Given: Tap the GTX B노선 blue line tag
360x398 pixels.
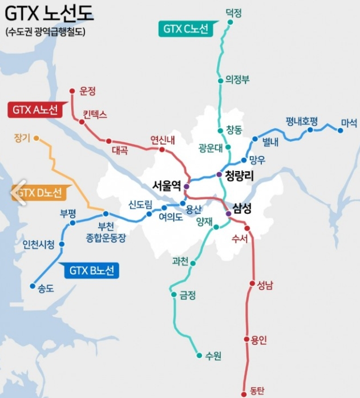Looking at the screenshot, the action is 91,270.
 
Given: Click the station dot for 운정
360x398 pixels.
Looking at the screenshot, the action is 72,91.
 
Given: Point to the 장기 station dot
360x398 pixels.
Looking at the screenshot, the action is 37,138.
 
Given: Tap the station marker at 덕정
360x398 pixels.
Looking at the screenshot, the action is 230,22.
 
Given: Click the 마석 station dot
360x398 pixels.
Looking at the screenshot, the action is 341,130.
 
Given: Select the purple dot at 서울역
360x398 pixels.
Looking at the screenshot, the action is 186,186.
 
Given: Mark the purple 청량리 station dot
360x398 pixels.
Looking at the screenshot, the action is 219,174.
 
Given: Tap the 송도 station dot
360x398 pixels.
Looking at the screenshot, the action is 33,286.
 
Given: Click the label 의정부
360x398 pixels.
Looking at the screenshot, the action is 238,79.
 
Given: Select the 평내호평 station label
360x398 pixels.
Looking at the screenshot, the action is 301,121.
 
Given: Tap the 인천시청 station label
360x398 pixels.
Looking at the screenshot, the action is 38,245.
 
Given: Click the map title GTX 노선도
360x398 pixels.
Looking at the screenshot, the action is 49,14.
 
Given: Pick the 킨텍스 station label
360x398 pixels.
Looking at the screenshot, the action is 95,114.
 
